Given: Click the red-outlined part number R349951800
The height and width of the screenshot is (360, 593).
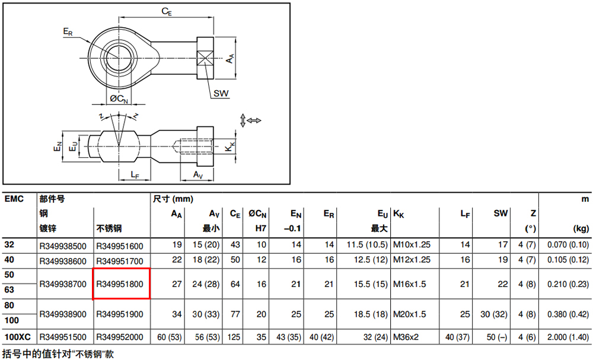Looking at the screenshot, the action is pos(120,284).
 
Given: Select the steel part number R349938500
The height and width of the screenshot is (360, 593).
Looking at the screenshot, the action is pos(63,246).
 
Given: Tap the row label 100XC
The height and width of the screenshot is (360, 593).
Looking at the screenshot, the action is pos(17,337).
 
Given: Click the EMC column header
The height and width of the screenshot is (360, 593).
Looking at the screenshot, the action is pos(14,199).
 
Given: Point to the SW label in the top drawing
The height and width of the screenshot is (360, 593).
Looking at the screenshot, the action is pos(221,93).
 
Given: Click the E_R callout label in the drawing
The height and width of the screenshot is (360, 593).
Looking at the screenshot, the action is pos(68,32).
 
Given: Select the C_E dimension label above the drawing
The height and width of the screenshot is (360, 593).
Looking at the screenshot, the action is pos(167,11).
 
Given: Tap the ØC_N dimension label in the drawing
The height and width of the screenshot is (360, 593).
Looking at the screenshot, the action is pos(119,98).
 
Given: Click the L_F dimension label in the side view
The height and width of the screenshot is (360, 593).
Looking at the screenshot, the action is pos(135,175).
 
